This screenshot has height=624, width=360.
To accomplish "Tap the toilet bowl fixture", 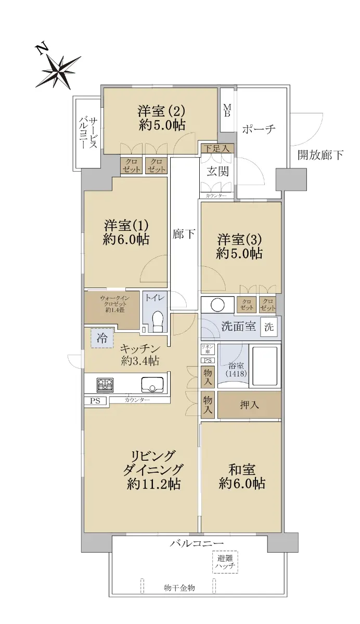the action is [x=158, y=321].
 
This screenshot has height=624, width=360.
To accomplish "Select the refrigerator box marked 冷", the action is [x=102, y=337].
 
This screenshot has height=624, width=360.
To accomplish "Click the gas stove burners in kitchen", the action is [x=105, y=385].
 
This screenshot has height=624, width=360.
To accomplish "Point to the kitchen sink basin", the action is [x=152, y=385].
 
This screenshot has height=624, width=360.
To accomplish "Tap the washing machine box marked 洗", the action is [x=269, y=327].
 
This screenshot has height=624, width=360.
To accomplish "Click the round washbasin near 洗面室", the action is [x=217, y=305].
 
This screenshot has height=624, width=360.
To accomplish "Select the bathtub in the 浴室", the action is [x=265, y=366].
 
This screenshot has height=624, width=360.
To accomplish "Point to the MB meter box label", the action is [x=227, y=110].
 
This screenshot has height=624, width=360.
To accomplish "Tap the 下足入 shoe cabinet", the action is [x=217, y=148].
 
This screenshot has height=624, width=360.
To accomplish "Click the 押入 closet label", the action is [x=249, y=405].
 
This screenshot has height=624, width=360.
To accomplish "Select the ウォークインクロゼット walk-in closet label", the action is [x=114, y=304].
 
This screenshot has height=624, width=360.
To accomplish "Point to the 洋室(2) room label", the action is [x=161, y=118].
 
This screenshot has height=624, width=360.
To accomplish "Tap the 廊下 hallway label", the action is [x=183, y=233].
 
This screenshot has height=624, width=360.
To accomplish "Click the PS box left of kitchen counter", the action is [x=95, y=400].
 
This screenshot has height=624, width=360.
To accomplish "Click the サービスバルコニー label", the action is [x=88, y=132].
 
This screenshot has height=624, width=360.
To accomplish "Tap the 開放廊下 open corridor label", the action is [x=320, y=155].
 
